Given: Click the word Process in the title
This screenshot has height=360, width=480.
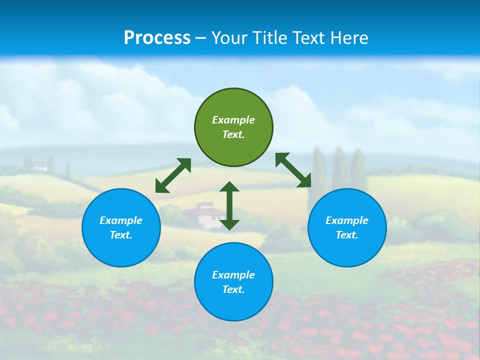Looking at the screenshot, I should click(x=157, y=38).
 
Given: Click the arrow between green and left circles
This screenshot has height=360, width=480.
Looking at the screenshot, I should click(x=173, y=175).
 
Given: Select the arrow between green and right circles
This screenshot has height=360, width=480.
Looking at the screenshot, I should click(x=293, y=170).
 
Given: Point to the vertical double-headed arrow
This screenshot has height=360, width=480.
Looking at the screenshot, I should click(x=229, y=206).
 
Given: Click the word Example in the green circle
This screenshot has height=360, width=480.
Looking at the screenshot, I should click(x=233, y=120).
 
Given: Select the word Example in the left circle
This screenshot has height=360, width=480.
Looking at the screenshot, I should click(x=121, y=220).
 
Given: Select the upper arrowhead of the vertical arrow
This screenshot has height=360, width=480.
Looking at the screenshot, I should click(x=229, y=187).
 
